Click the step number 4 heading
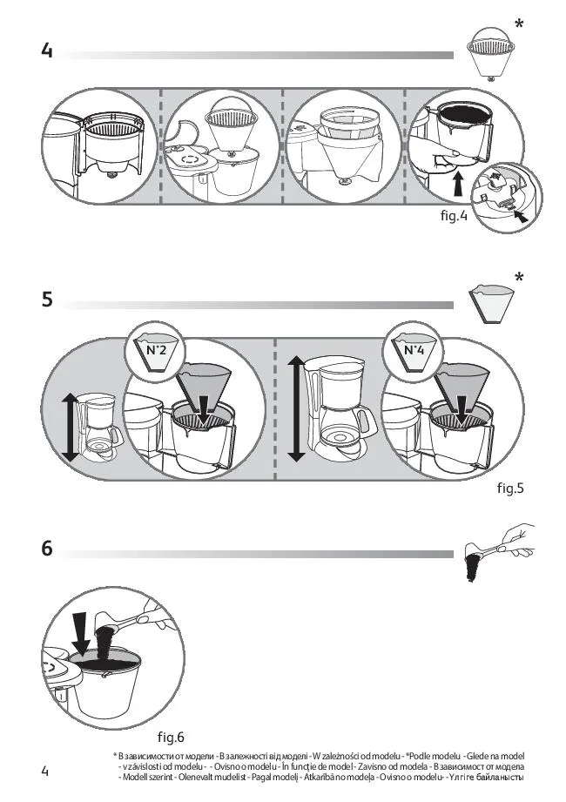click(47, 51)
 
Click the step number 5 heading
click(47, 299)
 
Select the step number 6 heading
click(47, 548)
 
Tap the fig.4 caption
click(454, 216)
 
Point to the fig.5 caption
click(510, 488)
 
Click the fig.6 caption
click(171, 737)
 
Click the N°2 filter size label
click(156, 350)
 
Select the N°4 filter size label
click(414, 350)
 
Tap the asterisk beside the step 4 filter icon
click(519, 24)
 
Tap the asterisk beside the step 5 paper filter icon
click(519, 277)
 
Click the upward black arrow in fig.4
click(459, 184)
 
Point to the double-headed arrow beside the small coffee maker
click(70, 427)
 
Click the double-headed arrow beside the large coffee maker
click(296, 409)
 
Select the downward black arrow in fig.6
click(80, 634)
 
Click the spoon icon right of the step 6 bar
click(498, 553)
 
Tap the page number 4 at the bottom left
click(45, 771)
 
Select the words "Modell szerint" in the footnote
click(147, 778)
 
